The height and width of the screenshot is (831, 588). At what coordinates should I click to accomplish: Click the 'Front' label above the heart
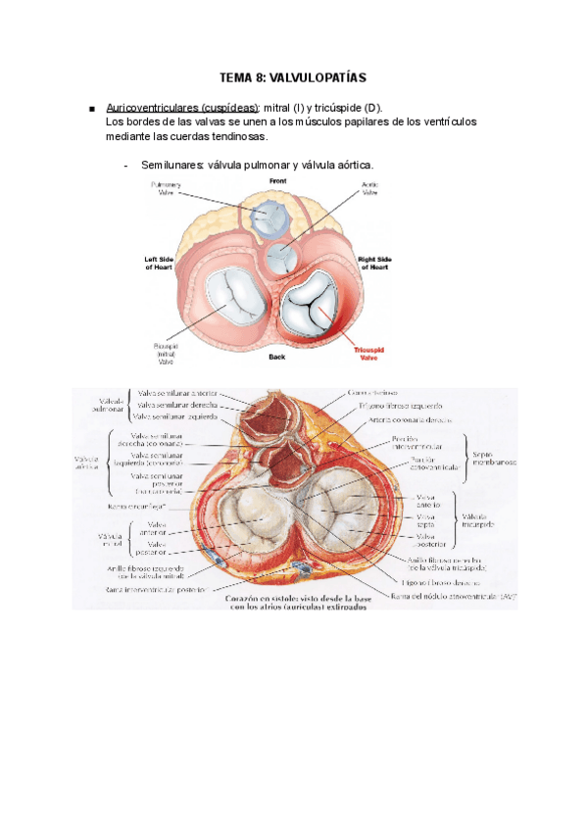pos(277,181)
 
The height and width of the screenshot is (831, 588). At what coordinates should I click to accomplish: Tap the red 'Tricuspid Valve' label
pos(369,353)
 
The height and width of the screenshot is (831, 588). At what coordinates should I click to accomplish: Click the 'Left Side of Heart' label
pos(162,262)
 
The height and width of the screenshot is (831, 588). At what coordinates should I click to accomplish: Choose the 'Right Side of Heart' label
pos(379,262)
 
